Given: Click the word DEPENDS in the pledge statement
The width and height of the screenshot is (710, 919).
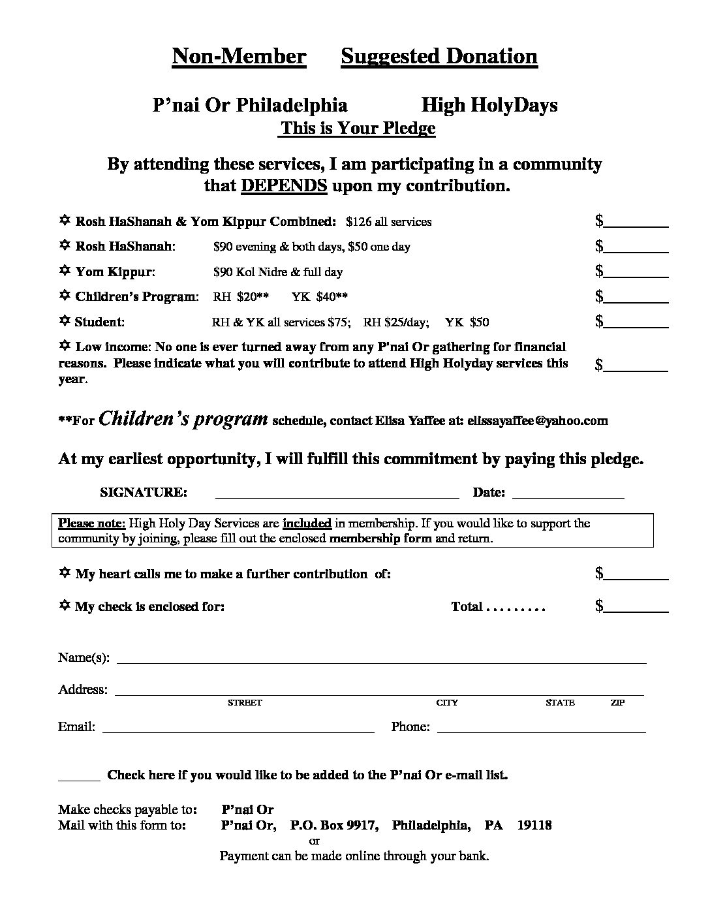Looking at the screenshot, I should tap(284, 185).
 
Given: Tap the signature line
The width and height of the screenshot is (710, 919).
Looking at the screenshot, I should tap(337, 496).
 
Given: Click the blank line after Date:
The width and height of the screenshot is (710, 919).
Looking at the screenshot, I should tap(568, 496).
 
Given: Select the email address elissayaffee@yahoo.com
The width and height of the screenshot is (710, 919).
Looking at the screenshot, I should tap(538, 420).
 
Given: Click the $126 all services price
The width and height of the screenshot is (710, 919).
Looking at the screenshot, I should tap(389, 222).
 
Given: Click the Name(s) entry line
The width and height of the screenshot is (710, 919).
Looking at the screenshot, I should tap(381, 661).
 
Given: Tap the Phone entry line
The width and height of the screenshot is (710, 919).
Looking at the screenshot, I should tap(541, 730).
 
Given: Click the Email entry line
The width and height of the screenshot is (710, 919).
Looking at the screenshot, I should tap(238, 730).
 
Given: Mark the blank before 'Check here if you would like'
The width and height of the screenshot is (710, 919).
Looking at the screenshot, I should tap(79, 778).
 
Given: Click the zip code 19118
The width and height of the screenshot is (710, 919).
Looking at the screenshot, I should tap(534, 825).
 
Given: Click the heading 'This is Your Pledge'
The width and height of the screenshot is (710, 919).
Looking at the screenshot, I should tap(358, 128).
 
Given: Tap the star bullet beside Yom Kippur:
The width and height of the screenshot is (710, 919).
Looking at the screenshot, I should tap(65, 271).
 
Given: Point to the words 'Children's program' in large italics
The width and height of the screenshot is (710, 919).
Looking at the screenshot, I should tap(183, 418).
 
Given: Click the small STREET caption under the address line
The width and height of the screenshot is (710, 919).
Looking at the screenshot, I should tap(244, 703).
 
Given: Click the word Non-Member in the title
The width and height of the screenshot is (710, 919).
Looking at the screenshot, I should tap(239, 57).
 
